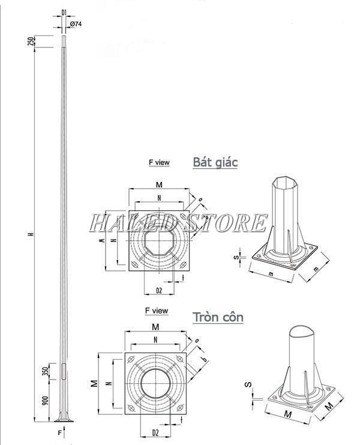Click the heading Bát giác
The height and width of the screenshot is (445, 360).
[x=215, y=162]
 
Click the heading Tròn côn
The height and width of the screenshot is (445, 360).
[x=218, y=317]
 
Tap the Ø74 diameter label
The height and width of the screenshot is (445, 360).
[x=76, y=23]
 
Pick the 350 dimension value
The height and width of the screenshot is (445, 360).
[x=45, y=371]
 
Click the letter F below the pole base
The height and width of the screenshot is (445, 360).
[x=59, y=432]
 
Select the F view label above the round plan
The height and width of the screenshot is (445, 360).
[x=156, y=311]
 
